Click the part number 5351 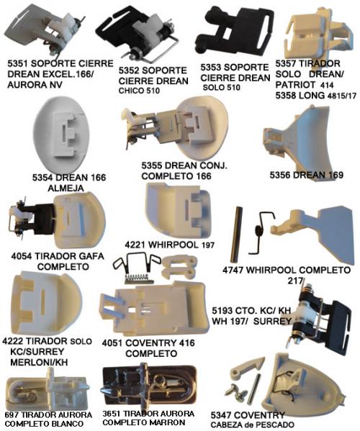pos(17,63)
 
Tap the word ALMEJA pos(66,189)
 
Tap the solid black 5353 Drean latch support pos(234,30)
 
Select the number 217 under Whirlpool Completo pos(295,281)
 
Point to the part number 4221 pos(135,245)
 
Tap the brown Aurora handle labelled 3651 pos(149,386)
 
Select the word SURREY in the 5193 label pos(272,321)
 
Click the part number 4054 pos(22,256)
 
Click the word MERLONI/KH pos(39,362)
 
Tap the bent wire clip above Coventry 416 pos(136,263)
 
